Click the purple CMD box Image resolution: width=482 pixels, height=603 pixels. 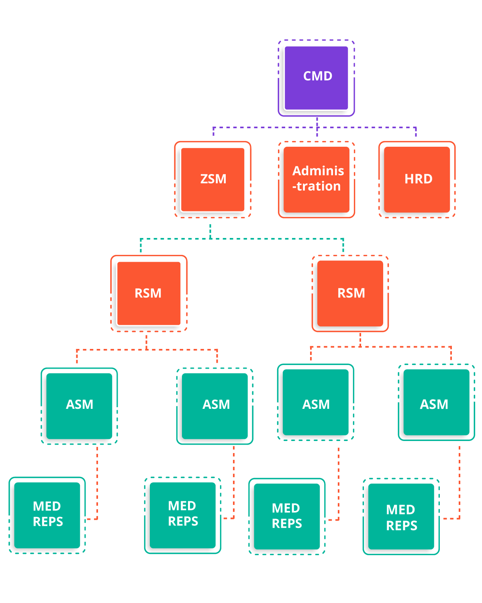click(x=316, y=78)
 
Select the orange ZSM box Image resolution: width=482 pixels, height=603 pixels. click(x=212, y=180)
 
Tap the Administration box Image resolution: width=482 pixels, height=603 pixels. click(x=317, y=180)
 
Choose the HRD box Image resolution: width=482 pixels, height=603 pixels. click(x=417, y=180)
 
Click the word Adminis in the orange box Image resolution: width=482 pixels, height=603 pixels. click(x=318, y=170)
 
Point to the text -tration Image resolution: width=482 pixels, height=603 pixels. click(x=317, y=186)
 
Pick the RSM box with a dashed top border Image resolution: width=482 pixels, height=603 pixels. click(x=350, y=293)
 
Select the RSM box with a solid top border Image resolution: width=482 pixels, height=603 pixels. click(x=149, y=293)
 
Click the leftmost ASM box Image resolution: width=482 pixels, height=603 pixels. click(x=79, y=406)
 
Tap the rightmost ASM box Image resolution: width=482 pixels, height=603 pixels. click(x=436, y=402)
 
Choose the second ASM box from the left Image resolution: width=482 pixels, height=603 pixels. click(x=215, y=406)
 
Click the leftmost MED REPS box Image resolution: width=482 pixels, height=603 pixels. click(x=47, y=515)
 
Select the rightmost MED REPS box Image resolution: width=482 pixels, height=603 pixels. click(x=401, y=517)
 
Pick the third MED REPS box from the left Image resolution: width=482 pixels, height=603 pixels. click(x=287, y=517)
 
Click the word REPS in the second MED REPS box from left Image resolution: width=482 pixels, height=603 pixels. click(x=183, y=521)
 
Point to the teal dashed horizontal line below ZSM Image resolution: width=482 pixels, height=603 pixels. click(x=242, y=239)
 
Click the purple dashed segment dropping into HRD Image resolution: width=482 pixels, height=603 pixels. click(x=416, y=131)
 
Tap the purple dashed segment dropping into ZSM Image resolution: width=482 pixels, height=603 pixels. click(x=213, y=131)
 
